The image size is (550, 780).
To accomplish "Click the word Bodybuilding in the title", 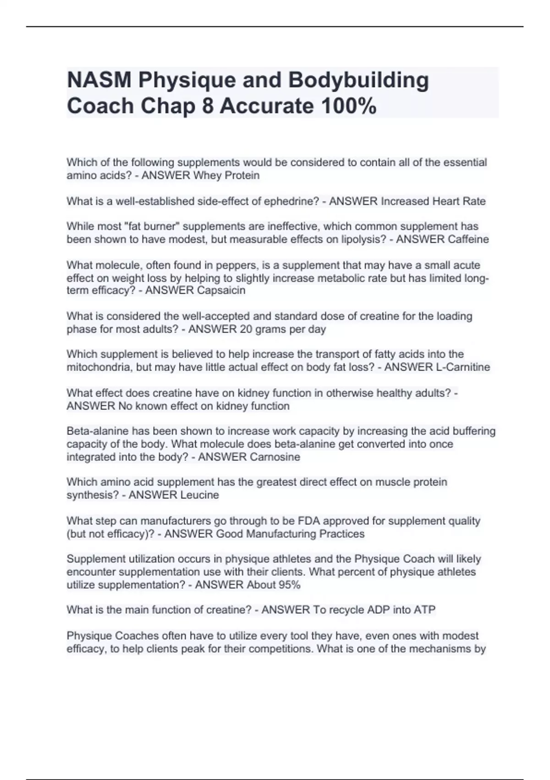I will pos(358,80).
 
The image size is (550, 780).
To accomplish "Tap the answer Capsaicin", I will pos(221,291).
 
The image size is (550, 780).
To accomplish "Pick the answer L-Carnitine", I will pos(463,368).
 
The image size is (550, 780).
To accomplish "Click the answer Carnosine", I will pos(275,457).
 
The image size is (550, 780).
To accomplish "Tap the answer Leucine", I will pos(199,495).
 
